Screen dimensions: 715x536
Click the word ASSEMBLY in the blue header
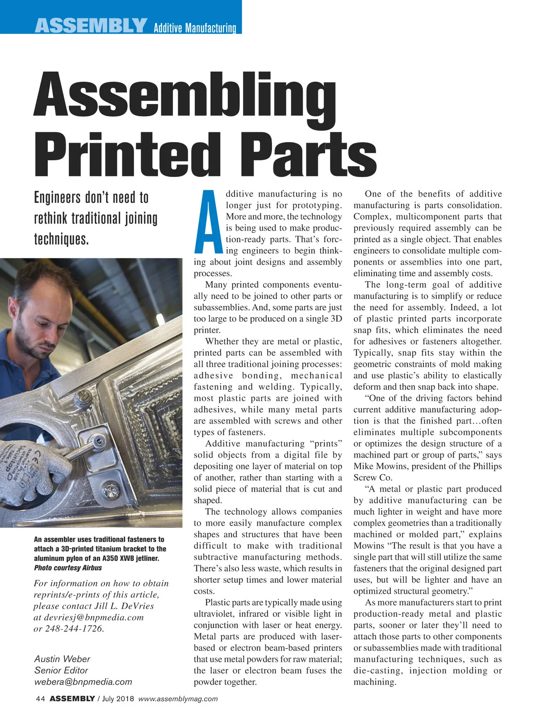91,26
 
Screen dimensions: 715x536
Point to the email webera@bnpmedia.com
83,682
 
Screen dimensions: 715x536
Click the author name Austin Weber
62,659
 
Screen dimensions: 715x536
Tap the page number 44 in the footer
40,699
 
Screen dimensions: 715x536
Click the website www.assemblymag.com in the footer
178,699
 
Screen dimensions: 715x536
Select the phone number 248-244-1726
75,629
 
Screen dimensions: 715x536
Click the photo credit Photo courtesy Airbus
68,568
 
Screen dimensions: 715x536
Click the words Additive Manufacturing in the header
195,28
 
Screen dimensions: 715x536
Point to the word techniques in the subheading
61,239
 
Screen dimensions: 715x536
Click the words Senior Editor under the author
61,670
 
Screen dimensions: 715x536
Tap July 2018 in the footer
118,699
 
